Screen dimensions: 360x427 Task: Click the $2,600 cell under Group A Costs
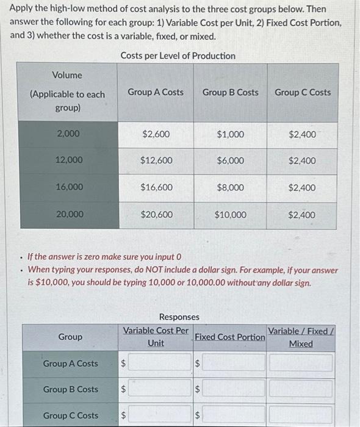(x=156, y=134)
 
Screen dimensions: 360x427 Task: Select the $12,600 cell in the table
(x=156, y=160)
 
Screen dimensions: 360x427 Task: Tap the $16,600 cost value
(x=156, y=188)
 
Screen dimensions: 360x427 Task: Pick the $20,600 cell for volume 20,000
(x=156, y=215)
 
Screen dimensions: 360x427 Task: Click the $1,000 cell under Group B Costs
(x=230, y=134)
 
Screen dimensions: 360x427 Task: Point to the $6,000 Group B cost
(x=230, y=160)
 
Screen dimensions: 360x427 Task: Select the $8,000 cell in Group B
(x=230, y=188)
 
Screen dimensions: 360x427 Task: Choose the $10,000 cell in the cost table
(x=230, y=215)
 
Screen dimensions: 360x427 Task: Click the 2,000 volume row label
(x=67, y=134)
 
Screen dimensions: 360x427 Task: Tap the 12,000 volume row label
(x=67, y=160)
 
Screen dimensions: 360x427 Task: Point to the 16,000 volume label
(x=67, y=187)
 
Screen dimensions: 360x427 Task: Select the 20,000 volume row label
(x=67, y=214)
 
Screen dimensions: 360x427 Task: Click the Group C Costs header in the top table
(x=303, y=93)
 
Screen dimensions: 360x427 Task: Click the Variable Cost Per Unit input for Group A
(x=160, y=363)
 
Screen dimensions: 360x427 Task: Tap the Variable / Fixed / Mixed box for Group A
(x=301, y=363)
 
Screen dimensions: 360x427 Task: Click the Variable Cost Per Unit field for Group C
(x=160, y=415)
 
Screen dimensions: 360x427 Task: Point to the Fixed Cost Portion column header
(x=229, y=337)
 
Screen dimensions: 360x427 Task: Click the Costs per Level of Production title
(x=178, y=56)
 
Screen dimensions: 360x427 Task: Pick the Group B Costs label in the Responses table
(x=70, y=389)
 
